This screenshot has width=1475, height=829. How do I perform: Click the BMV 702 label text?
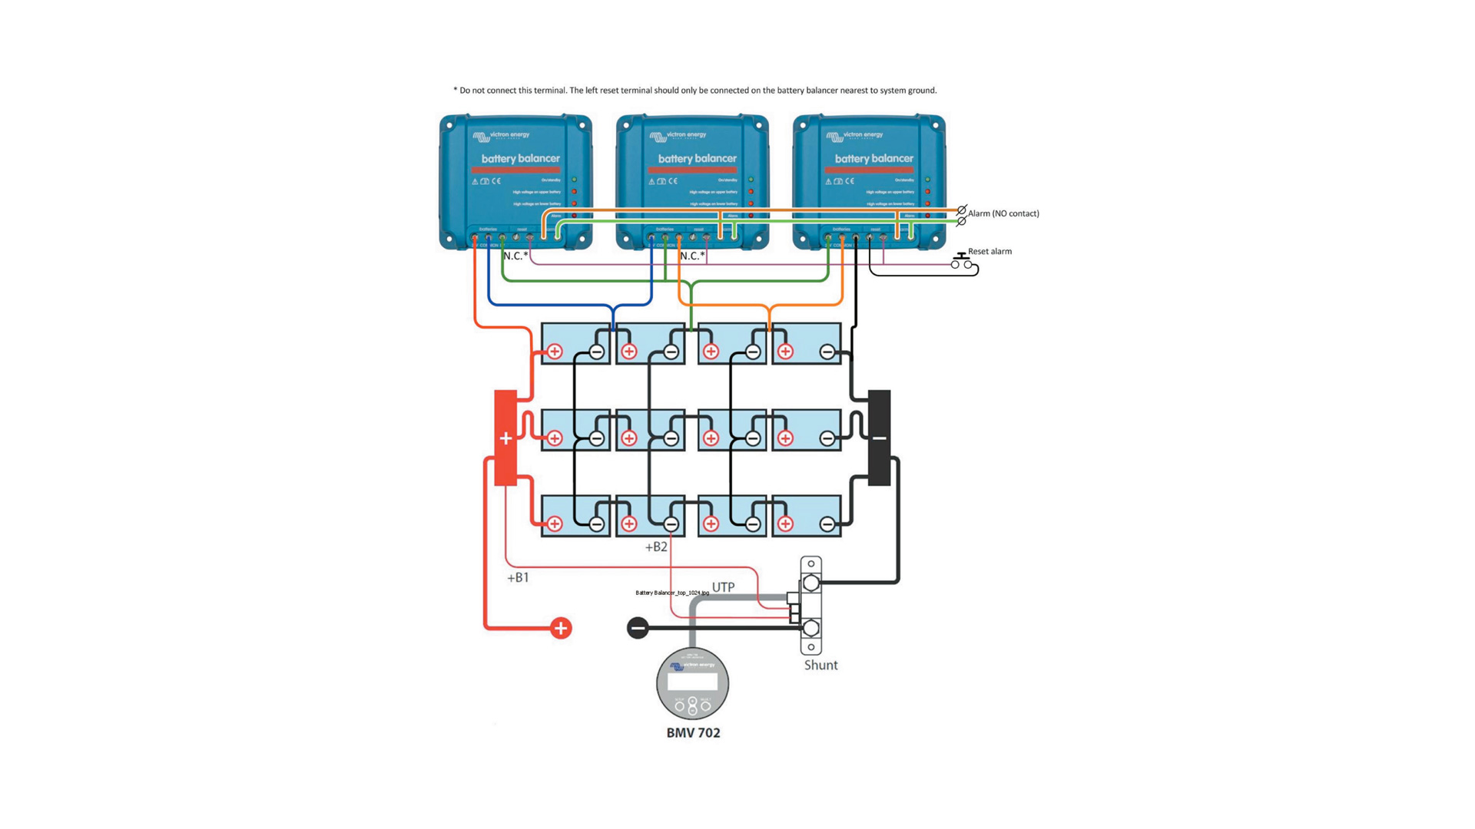tap(693, 733)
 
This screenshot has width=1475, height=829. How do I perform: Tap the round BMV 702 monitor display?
tap(692, 683)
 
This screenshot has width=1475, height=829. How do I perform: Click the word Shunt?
tap(820, 666)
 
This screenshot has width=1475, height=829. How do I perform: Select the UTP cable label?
tap(723, 587)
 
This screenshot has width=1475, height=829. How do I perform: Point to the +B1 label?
tap(518, 578)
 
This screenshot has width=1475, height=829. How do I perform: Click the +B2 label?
tap(656, 547)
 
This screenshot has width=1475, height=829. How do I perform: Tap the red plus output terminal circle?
tap(561, 628)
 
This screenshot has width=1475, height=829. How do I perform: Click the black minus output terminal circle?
tap(638, 628)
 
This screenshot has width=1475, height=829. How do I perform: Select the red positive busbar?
tap(505, 438)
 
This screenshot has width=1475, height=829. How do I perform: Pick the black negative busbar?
tap(879, 438)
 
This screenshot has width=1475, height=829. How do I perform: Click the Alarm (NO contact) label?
tap(1003, 213)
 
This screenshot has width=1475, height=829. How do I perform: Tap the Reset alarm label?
tap(989, 252)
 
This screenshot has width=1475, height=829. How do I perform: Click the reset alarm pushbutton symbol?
tap(961, 261)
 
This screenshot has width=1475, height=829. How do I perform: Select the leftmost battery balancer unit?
tap(515, 181)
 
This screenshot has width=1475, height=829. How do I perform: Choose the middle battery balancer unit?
tap(692, 181)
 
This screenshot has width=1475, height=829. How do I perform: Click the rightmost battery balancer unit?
tap(869, 181)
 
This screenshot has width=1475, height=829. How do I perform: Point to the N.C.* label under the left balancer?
tap(515, 256)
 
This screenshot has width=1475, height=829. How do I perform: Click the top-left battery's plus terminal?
tap(555, 352)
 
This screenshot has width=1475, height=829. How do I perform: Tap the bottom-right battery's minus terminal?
tap(827, 524)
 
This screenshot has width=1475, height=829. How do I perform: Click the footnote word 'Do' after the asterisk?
tap(465, 91)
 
